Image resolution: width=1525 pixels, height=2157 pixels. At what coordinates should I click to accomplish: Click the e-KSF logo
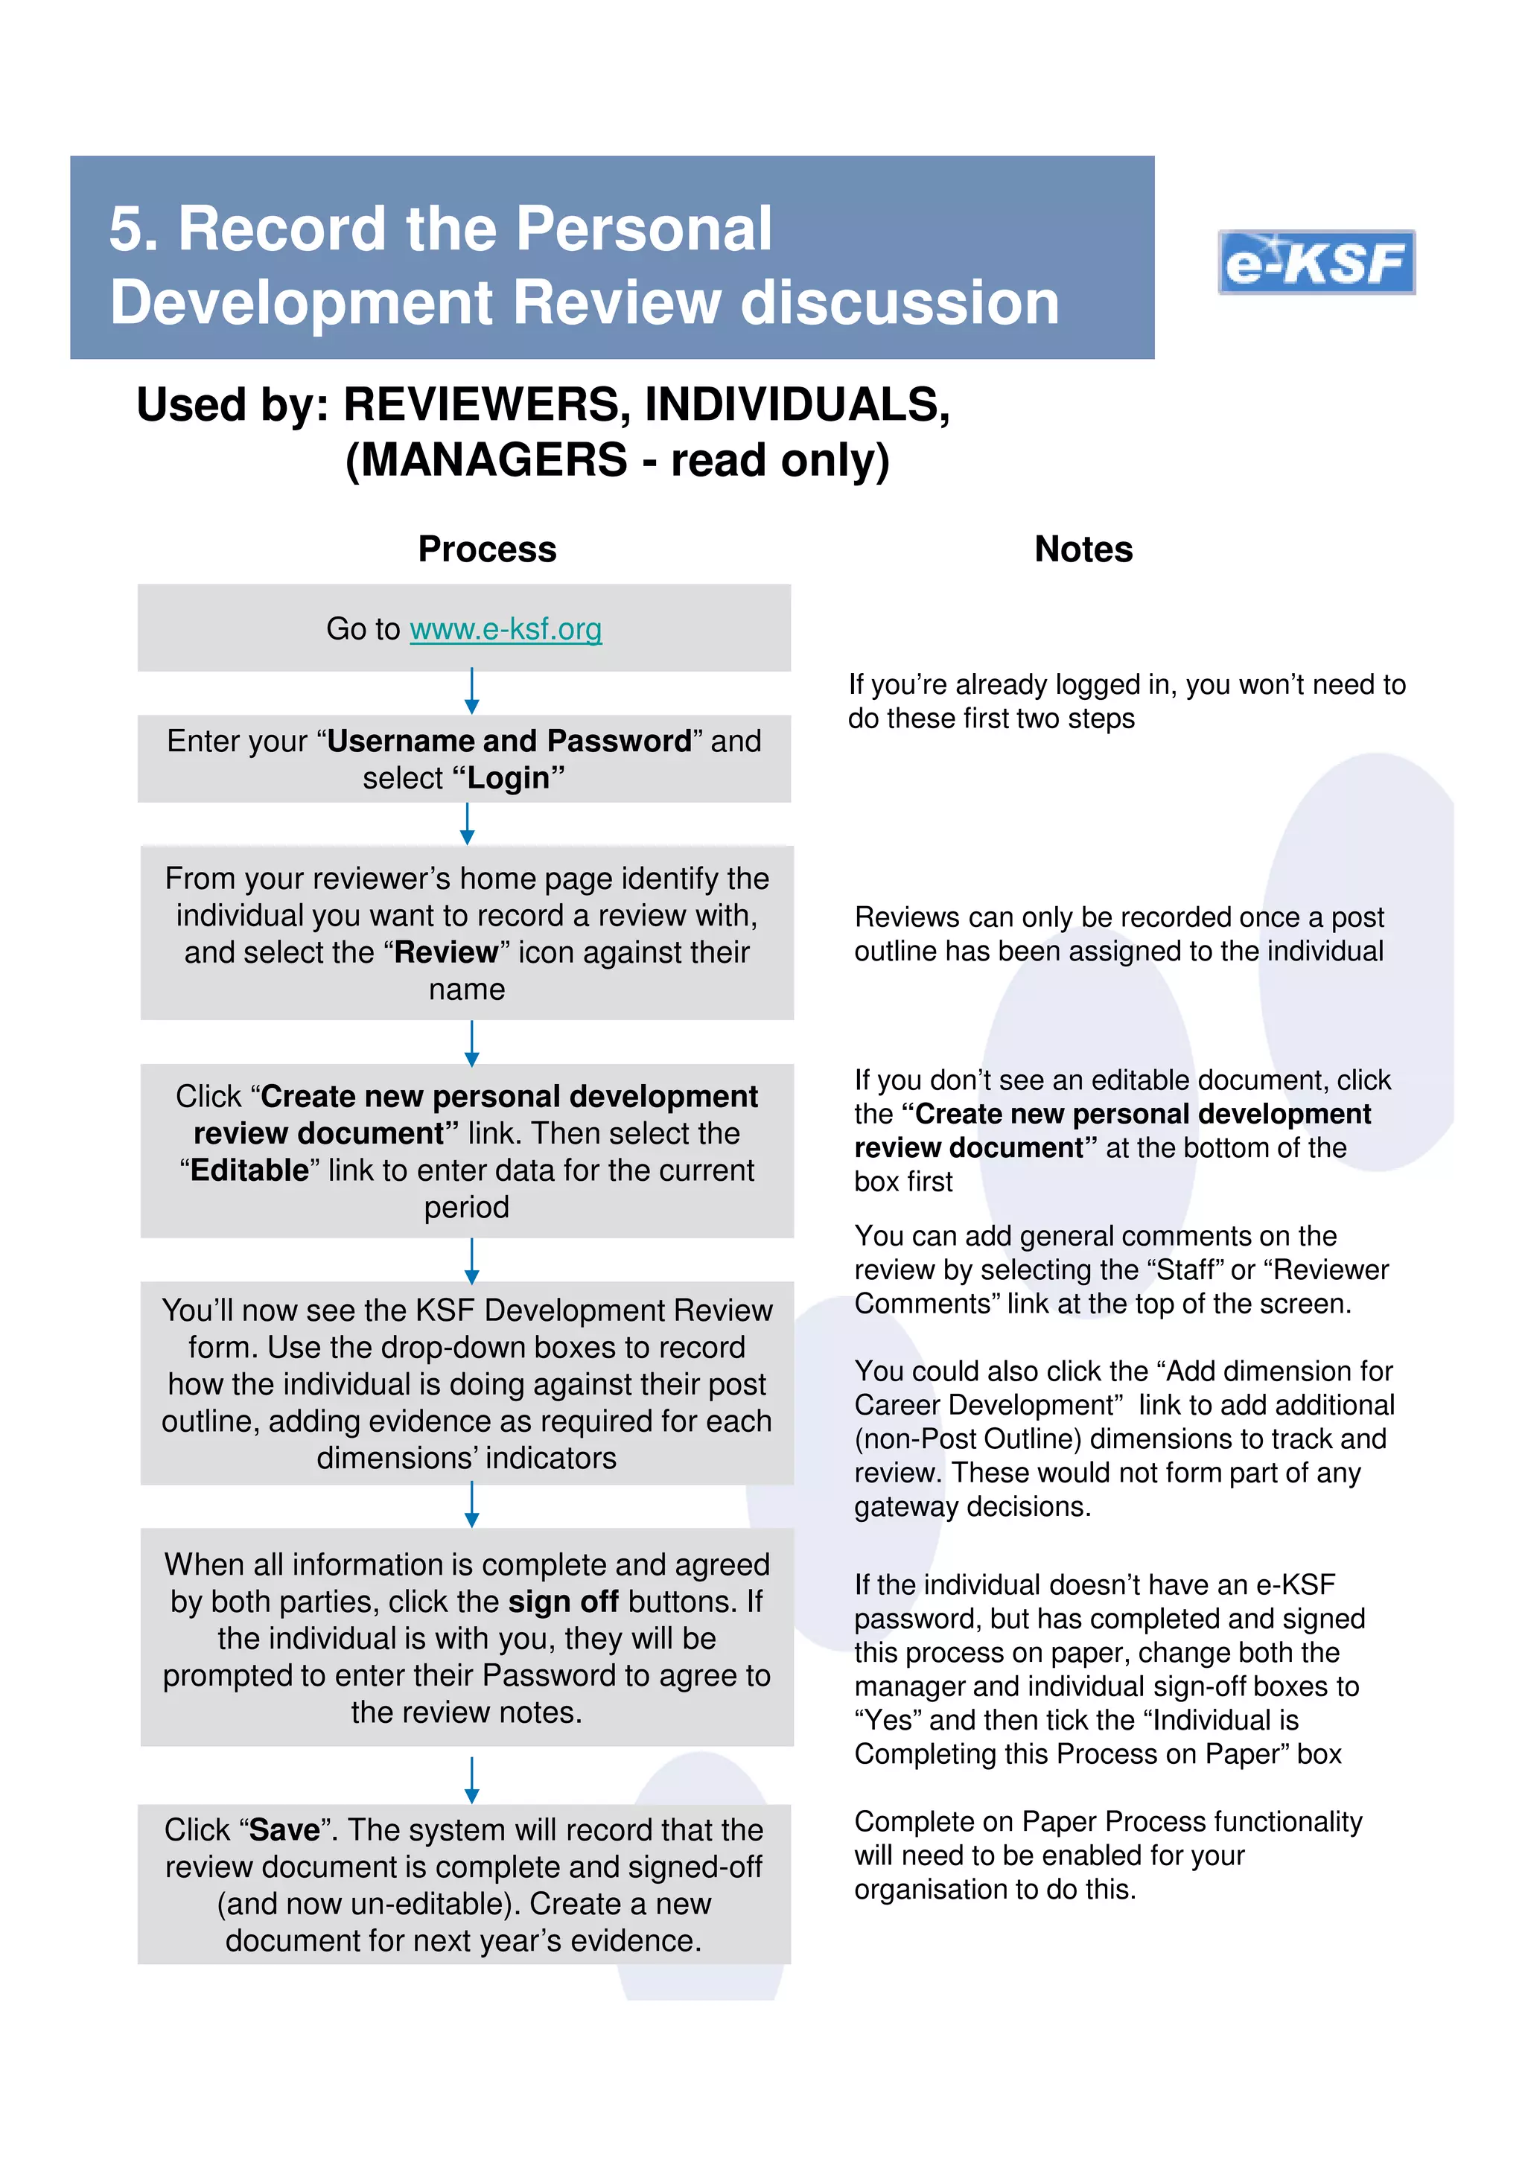[x=1316, y=262]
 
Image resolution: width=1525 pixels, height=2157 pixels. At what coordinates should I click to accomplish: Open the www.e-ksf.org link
[x=506, y=628]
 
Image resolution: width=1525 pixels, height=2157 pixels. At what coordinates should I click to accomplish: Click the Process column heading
[x=487, y=549]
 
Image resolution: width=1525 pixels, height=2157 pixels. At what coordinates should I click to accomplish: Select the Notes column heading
[x=1083, y=549]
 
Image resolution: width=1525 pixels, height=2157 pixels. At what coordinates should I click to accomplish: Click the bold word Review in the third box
[x=445, y=952]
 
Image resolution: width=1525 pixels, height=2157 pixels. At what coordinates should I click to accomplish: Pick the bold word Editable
[x=249, y=1170]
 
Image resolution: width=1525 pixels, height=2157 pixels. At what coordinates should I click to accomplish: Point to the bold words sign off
[x=563, y=1601]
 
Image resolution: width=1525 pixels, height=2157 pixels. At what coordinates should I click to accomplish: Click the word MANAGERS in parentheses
[x=493, y=459]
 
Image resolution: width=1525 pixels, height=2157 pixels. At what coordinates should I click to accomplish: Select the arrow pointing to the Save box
[x=471, y=1780]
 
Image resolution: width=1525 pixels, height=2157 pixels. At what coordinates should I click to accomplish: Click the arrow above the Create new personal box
[x=471, y=1043]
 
